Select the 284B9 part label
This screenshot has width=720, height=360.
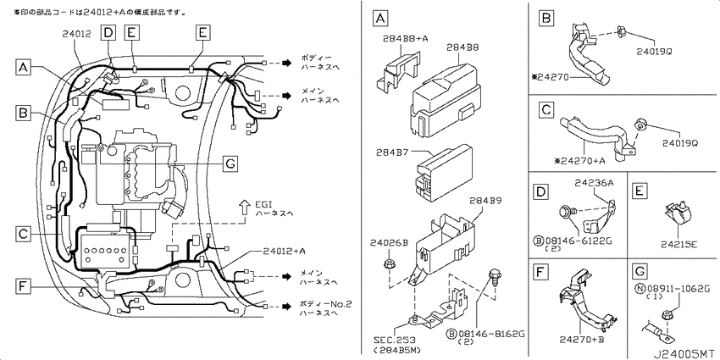point(485,202)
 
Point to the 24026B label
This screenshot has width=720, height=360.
point(389,243)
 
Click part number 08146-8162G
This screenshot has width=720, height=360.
point(494,335)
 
